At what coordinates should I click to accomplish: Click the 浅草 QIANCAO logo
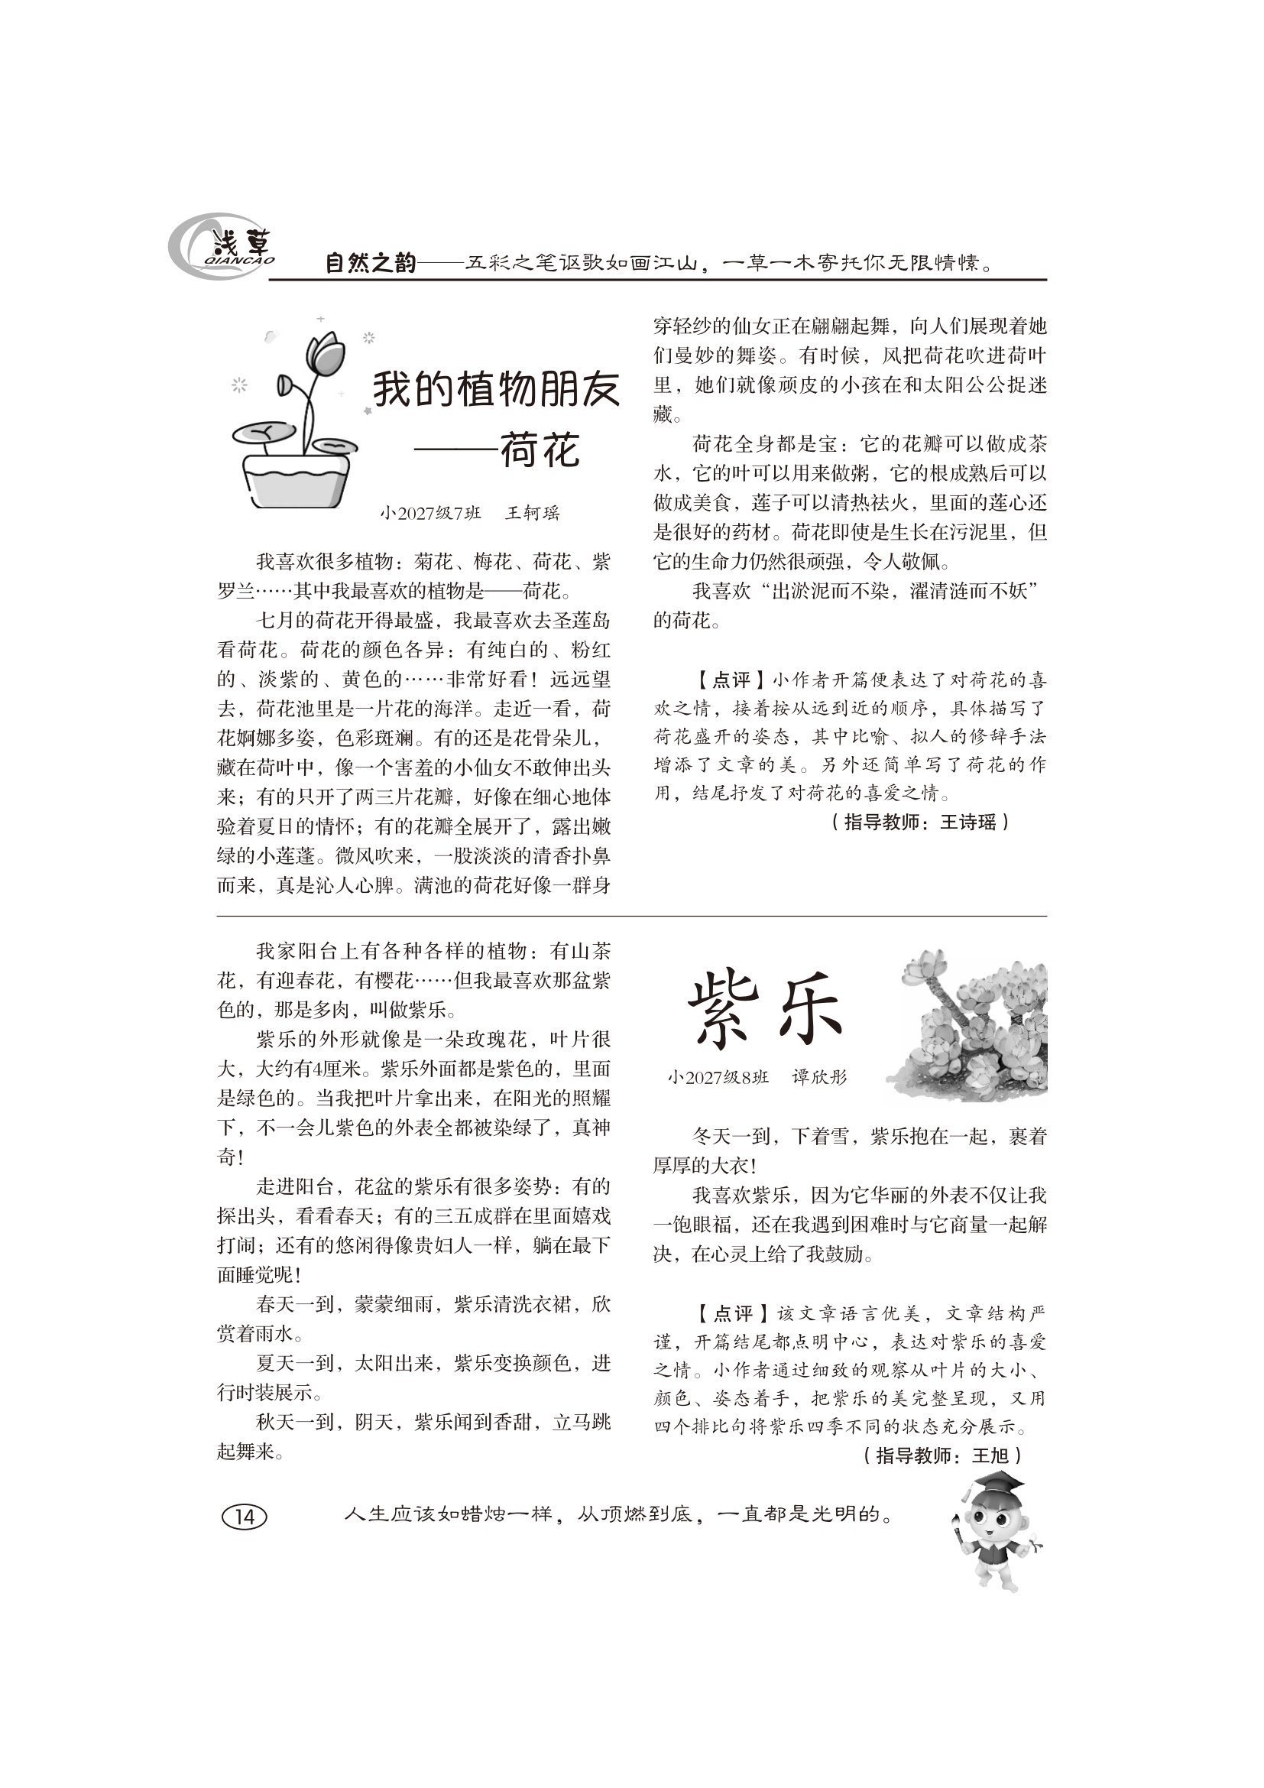tap(222, 247)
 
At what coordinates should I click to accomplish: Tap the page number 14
tap(245, 1532)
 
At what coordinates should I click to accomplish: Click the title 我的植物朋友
tap(496, 388)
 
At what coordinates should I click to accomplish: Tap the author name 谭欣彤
tap(818, 1077)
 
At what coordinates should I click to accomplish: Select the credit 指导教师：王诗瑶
tap(919, 823)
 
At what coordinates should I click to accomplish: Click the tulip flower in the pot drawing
tap(325, 355)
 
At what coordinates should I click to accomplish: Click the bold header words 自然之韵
tap(371, 263)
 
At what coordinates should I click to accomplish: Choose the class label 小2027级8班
tap(717, 1077)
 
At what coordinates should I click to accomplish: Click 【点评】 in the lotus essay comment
tap(731, 680)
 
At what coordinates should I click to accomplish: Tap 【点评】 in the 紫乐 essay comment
tap(731, 1315)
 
